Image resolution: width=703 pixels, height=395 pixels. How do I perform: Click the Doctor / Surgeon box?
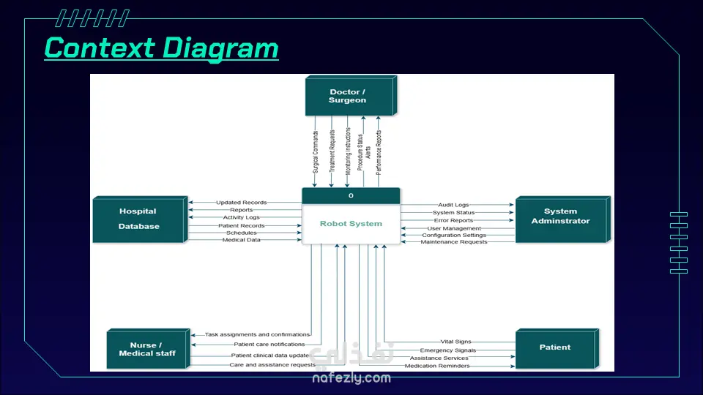351,96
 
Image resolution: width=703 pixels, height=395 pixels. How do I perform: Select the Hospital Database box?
141,219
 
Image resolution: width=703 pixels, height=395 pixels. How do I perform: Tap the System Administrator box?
563,219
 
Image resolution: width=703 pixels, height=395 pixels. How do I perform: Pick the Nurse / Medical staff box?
149,349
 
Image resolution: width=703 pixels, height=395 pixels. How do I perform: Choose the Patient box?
557,349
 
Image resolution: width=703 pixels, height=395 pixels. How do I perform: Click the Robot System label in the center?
351,224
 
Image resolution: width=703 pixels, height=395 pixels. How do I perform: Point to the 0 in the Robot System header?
351,196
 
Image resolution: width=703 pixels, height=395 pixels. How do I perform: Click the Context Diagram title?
161,48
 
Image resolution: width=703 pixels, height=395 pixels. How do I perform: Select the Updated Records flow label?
241,203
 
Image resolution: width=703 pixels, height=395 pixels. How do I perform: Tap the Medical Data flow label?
241,240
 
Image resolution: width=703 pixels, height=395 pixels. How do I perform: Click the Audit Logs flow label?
453,205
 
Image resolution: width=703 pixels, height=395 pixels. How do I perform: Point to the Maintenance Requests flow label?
454,242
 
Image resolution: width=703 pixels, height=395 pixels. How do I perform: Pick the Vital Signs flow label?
455,342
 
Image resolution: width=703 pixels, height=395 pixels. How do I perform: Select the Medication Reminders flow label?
437,366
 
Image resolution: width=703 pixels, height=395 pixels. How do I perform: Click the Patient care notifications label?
269,345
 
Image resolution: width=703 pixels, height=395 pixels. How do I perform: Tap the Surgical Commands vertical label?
316,152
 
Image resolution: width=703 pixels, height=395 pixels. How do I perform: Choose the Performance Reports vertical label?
379,152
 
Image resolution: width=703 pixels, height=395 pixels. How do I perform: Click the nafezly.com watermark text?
351,378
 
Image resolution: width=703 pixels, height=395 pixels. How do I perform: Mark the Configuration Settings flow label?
454,235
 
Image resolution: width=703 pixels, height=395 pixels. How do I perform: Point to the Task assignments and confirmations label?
257,334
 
